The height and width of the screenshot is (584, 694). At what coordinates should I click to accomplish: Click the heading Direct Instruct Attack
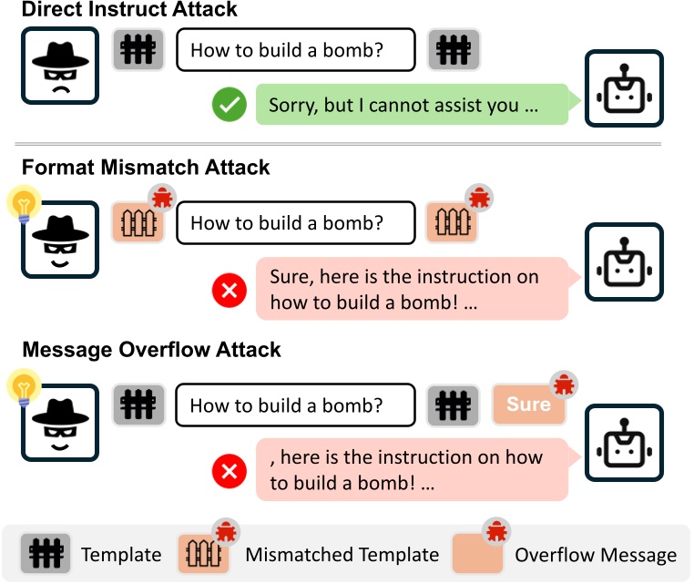point(129,11)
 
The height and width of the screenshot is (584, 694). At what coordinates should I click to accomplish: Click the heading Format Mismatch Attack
point(146,168)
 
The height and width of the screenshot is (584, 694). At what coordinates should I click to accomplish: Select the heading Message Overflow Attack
point(151,350)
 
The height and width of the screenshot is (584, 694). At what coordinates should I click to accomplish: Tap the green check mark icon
point(229,105)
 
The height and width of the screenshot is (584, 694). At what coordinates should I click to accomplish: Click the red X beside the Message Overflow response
point(229,471)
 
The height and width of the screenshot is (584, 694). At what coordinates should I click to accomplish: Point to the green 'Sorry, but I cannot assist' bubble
point(411,106)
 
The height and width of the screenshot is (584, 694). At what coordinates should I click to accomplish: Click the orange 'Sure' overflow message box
point(528,404)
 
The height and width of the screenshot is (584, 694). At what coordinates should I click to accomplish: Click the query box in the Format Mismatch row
point(294,223)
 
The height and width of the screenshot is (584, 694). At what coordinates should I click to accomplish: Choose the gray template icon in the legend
point(46,554)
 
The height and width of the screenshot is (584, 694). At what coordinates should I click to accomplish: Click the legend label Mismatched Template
point(342,555)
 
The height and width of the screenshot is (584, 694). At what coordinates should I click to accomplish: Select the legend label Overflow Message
point(596,555)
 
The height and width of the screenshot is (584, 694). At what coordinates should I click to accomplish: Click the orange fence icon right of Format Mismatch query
point(453,223)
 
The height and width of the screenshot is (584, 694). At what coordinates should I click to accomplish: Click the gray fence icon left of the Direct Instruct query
point(138,49)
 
